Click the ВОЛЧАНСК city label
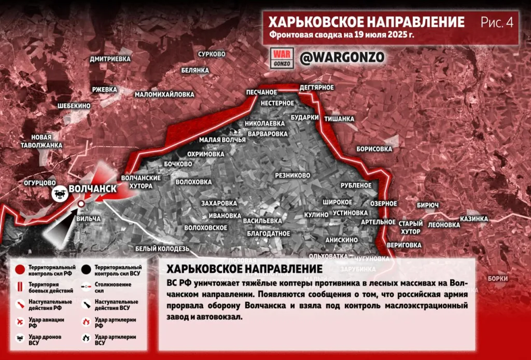pos(92,189)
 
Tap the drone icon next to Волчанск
pos(59,193)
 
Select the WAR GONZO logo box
pos(283,58)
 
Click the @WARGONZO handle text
pos(342,58)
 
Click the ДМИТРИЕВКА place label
pos(110,59)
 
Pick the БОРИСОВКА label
pos(374,149)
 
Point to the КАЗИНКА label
pos(474,219)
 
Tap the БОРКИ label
pos(497,278)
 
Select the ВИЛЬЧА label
pos(88,219)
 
